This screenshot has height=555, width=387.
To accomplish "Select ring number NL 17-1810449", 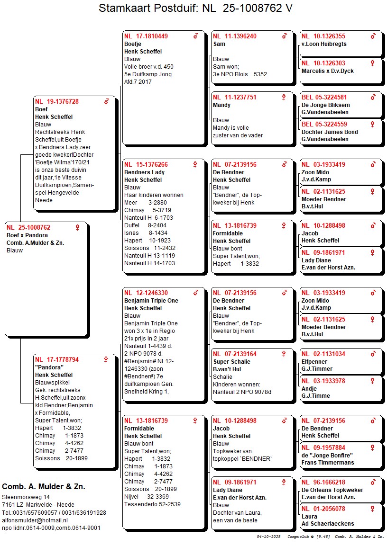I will tap(146, 36).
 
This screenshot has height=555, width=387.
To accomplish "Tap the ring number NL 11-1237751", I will tap(235, 98).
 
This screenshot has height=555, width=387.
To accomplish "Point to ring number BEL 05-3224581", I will tap(324, 98).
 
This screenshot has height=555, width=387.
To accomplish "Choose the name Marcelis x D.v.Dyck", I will tap(328, 71).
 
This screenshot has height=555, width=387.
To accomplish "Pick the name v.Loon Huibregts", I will tap(324, 44).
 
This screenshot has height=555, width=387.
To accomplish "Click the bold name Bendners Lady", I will tap(144, 172).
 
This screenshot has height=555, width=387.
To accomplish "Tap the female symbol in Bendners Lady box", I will tap(195, 165).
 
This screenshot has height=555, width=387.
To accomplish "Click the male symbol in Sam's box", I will tap(284, 36).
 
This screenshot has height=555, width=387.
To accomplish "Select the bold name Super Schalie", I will tap(231, 362).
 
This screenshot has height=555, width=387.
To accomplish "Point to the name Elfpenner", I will tap(313, 361).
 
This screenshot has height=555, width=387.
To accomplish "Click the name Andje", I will tap(309, 388).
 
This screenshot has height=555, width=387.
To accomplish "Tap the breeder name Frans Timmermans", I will tap(328, 463).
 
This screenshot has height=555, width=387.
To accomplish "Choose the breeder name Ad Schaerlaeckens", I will tap(328, 524).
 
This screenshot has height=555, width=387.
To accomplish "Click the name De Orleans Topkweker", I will tap(332, 490).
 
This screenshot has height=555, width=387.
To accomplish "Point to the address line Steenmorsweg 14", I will tap(26, 497).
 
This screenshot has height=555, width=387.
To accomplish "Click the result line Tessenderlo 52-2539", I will tap(152, 504).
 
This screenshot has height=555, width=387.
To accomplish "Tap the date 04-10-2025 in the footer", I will tap(269, 537).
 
